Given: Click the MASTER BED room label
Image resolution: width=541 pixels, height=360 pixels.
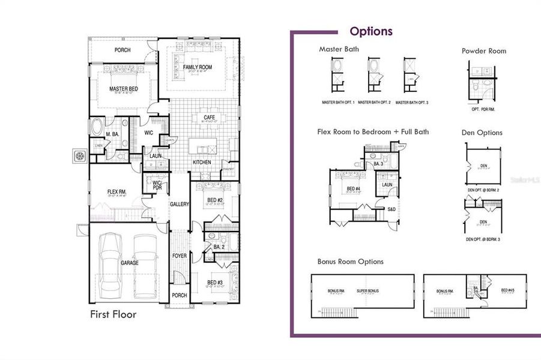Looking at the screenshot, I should click(124, 89).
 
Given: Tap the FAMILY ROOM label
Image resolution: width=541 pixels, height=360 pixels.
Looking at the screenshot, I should click(198, 67).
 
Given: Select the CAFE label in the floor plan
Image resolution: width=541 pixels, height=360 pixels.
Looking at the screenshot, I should click(210, 117).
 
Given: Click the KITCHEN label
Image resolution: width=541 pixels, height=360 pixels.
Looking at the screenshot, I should click(201, 163).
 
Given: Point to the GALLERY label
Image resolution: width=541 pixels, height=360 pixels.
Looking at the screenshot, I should click(180, 204).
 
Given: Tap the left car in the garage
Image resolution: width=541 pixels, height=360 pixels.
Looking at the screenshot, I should click(110, 264).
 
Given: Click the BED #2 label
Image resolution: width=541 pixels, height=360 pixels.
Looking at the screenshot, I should click(216, 200).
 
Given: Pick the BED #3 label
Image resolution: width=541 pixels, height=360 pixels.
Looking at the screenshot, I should click(216, 282).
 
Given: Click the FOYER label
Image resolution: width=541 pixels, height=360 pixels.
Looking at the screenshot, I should click(180, 256).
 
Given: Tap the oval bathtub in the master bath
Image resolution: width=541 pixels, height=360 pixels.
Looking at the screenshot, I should click(96, 128).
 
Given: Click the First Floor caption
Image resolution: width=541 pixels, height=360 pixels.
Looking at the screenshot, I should click(113, 314).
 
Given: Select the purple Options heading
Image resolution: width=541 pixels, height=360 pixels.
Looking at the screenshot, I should click(371, 31).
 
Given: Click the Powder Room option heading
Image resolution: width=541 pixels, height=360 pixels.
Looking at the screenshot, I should click(483, 51).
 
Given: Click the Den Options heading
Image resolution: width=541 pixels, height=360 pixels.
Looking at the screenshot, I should click(482, 133).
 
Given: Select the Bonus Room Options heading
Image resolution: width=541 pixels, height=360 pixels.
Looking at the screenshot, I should click(351, 262).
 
